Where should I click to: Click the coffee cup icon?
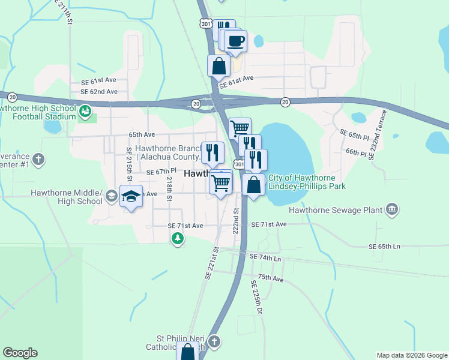tap(236, 41)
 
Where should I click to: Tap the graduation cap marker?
tap(131, 196)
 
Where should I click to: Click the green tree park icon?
tap(177, 239)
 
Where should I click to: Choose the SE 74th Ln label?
tap(266, 257)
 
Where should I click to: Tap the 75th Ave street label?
tap(270, 278)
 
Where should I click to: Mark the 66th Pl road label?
tap(356, 153)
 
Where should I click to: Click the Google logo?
tap(20, 353)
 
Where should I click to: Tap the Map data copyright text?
tap(411, 355)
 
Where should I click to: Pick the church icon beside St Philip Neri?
tap(214, 342)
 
